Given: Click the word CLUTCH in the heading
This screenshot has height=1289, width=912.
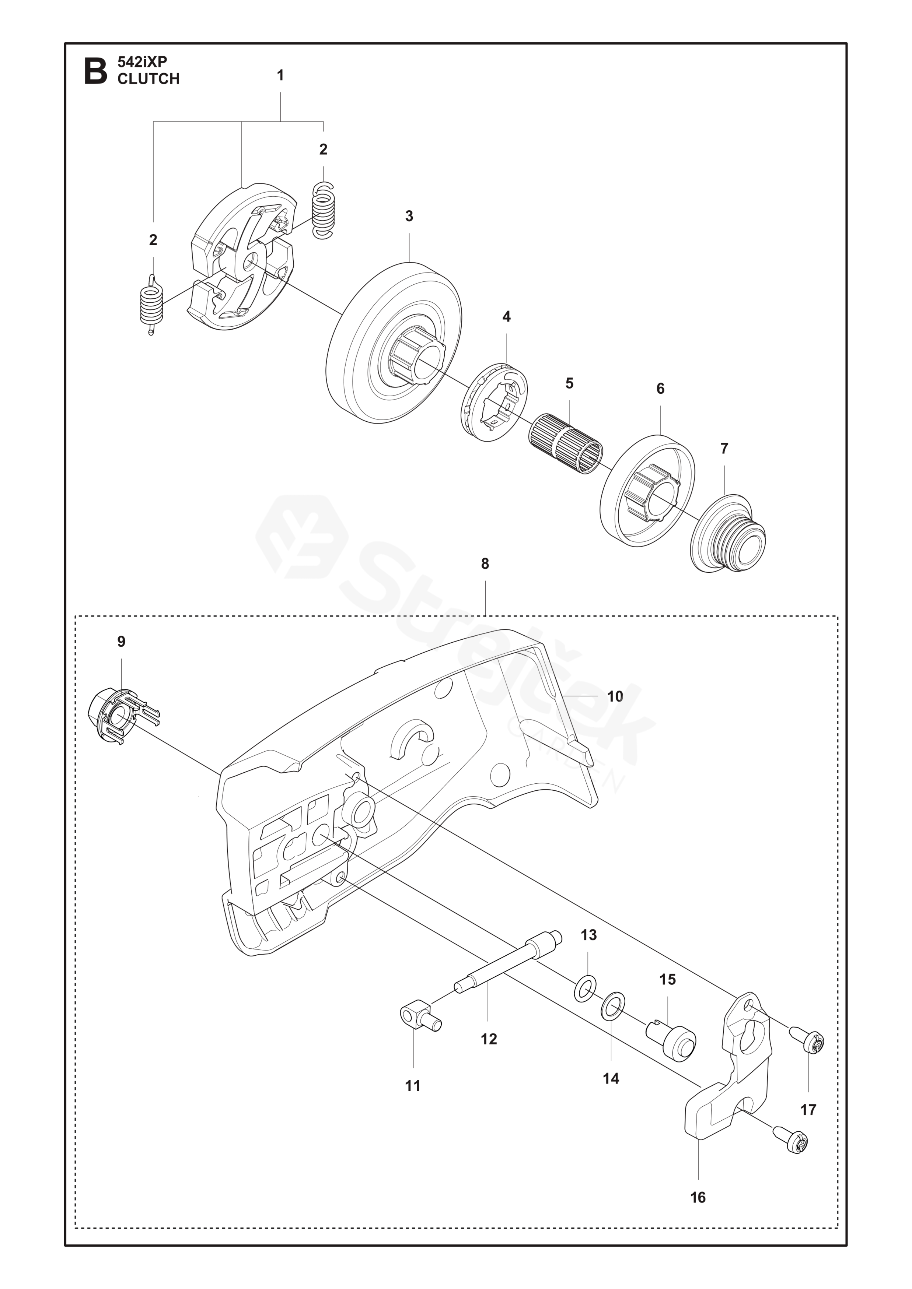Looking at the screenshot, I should [148, 79].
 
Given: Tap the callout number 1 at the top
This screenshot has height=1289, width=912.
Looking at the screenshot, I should [280, 75].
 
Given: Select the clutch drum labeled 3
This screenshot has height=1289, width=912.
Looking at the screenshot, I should [395, 343].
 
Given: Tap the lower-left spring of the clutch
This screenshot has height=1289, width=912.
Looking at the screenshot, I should [151, 305].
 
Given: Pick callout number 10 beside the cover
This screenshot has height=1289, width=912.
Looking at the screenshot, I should [615, 696].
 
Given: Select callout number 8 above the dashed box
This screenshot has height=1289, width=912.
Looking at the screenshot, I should [485, 563].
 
